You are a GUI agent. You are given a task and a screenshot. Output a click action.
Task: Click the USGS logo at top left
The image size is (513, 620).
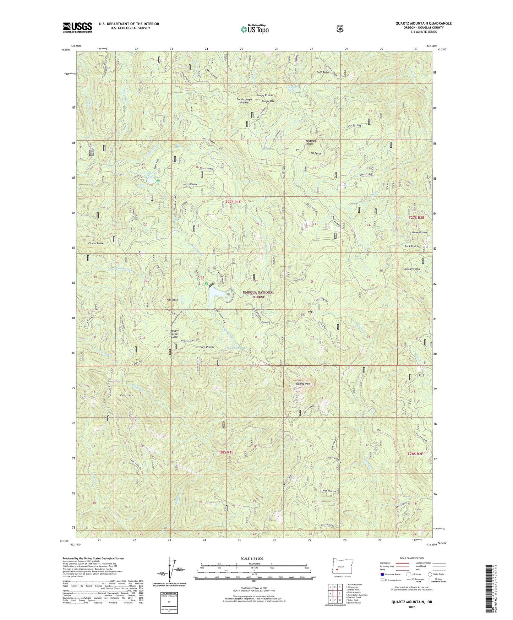coord(77,27)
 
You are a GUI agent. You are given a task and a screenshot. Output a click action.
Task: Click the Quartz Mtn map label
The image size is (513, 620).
coord(302,384)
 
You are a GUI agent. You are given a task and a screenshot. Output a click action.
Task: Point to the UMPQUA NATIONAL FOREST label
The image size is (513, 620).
coord(258,294)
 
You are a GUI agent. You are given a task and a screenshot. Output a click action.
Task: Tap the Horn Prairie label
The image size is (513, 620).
coord(207,347)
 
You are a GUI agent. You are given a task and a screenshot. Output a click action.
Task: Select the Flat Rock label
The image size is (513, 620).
coord(172,300)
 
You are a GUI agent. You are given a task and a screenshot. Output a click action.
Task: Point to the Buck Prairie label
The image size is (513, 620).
coord(411,246)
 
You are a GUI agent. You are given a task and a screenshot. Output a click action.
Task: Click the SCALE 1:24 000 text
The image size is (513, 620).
coord(252,559)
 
